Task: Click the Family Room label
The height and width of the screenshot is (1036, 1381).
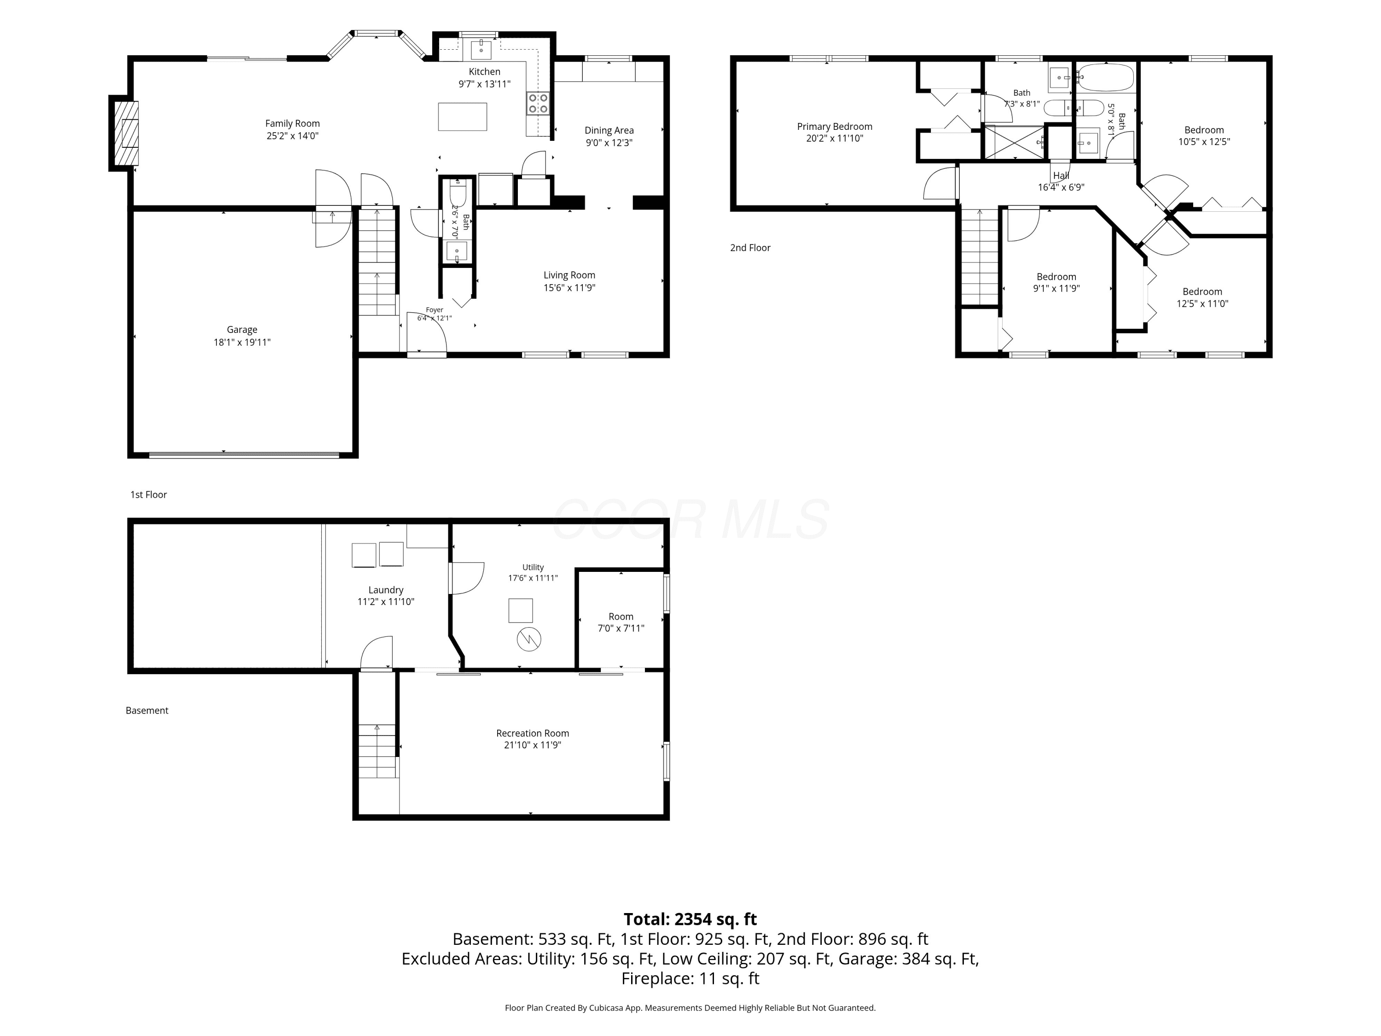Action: pyautogui.click(x=292, y=124)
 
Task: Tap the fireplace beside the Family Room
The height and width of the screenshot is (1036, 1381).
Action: pyautogui.click(x=124, y=133)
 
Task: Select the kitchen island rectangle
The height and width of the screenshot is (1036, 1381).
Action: pyautogui.click(x=462, y=117)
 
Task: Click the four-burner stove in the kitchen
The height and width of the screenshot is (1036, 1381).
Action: pyautogui.click(x=538, y=104)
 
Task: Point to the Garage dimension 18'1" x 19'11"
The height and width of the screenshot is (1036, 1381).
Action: pyautogui.click(x=242, y=342)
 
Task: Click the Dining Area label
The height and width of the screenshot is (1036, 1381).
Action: pyautogui.click(x=609, y=130)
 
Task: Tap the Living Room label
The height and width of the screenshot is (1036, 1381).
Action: pyautogui.click(x=569, y=275)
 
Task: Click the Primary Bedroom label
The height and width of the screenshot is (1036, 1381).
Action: pyautogui.click(x=835, y=127)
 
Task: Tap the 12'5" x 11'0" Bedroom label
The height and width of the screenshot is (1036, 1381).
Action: pyautogui.click(x=1202, y=291)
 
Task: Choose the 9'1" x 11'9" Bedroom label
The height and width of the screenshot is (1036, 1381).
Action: pyautogui.click(x=1056, y=277)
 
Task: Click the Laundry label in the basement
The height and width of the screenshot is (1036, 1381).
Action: pyautogui.click(x=386, y=590)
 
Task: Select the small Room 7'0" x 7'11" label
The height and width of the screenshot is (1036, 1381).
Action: pyautogui.click(x=621, y=617)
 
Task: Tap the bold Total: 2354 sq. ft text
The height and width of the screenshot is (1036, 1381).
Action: pyautogui.click(x=690, y=919)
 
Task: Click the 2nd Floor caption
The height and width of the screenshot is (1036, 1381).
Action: pyautogui.click(x=750, y=248)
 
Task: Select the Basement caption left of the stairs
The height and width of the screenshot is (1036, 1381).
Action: pyautogui.click(x=147, y=710)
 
